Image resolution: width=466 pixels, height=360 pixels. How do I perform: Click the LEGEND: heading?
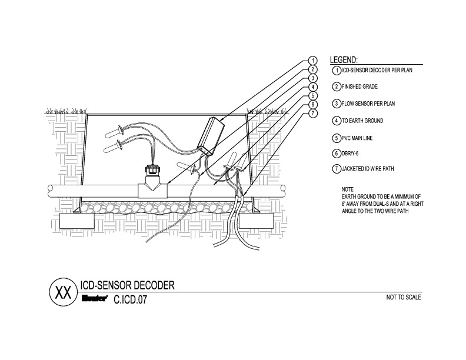(x=344, y=60)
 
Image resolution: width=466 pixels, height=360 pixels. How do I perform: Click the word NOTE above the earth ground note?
(x=348, y=189)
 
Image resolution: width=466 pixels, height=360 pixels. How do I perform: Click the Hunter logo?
(x=93, y=298)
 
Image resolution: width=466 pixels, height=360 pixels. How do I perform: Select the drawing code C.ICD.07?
(x=130, y=298)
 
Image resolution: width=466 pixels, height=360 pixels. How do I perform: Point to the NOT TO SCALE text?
(x=404, y=297)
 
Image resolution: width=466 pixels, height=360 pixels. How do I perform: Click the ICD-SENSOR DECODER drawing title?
(x=127, y=285)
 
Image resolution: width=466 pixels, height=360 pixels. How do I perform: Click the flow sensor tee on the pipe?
(x=151, y=187)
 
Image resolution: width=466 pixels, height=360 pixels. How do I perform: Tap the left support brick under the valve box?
(x=80, y=222)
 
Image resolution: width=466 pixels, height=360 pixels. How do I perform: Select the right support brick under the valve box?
(x=257, y=222)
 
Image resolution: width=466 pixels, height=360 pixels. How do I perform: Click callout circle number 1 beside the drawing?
(x=313, y=61)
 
